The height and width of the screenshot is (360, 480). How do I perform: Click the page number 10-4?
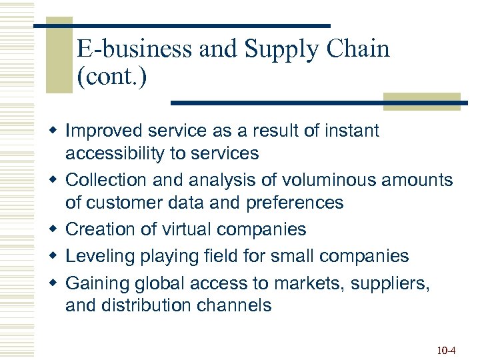pyautogui.click(x=447, y=349)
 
